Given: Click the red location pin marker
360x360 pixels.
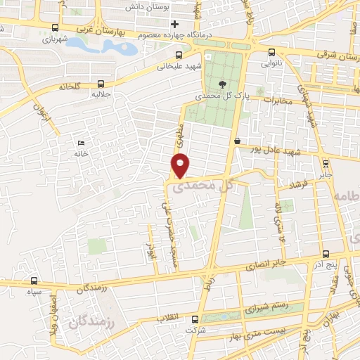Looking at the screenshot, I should (181, 165).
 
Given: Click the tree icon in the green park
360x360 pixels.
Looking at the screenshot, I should (223, 83).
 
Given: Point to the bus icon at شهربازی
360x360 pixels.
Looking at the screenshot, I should (55, 28).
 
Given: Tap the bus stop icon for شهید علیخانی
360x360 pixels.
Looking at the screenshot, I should (178, 55).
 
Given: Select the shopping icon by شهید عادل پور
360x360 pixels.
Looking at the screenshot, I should (238, 140).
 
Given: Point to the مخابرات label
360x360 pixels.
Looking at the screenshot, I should (276, 99).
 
